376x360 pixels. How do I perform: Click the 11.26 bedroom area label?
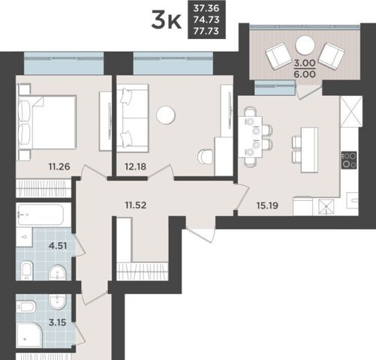(x=59, y=166)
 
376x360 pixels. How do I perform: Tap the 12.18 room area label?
(x=135, y=166)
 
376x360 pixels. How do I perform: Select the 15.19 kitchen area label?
(x=267, y=205)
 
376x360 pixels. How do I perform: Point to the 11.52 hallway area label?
(x=136, y=205)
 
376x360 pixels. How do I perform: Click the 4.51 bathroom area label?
(x=58, y=246)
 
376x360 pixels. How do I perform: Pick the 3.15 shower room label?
(x=58, y=322)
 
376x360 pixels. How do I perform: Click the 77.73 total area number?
(x=206, y=31)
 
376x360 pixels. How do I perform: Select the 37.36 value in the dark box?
(x=206, y=8)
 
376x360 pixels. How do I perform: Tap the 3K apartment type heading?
(x=166, y=20)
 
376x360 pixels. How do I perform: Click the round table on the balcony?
(x=305, y=46)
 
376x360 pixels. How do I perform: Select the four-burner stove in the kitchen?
(x=349, y=160)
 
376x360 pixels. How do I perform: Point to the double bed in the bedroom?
(x=47, y=122)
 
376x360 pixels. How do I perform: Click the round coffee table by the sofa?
(x=166, y=115)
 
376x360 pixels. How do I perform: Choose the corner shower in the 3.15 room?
(x=29, y=334)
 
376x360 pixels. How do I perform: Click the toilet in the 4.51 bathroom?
(x=26, y=271)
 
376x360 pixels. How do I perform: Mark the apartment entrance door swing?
(x=201, y=235)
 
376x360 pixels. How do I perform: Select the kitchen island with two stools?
(x=305, y=150)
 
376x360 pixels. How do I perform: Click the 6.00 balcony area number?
(x=305, y=74)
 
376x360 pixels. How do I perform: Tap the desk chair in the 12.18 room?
(x=205, y=157)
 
